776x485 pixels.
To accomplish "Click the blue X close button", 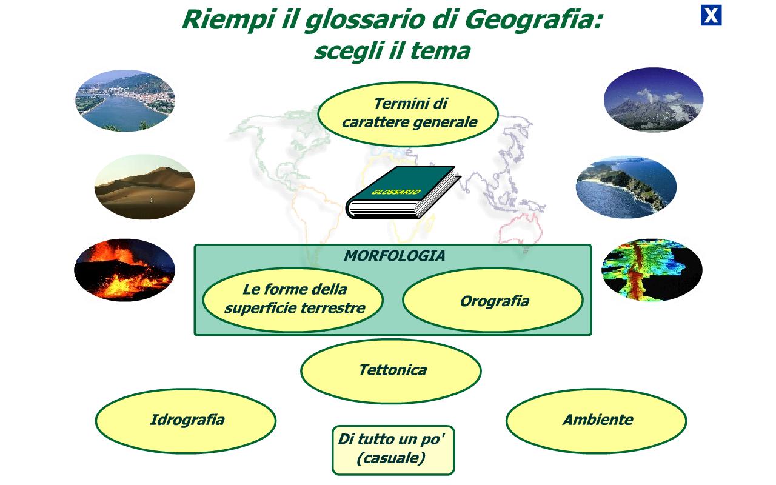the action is (x=711, y=15).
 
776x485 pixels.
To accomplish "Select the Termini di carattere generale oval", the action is (x=408, y=113).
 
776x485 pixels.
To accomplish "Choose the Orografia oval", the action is (x=493, y=300).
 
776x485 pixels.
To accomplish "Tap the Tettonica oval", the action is (x=391, y=370).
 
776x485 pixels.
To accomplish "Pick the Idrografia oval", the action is (x=186, y=421).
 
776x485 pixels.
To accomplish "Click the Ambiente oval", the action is (x=596, y=421).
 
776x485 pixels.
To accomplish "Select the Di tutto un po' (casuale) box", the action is (x=393, y=450).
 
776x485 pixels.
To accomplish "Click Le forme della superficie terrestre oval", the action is (x=293, y=300).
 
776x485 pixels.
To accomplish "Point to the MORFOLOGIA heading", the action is (x=394, y=256).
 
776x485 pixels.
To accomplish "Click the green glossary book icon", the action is (x=403, y=192).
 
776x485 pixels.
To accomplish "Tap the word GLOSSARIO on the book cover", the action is (x=396, y=192).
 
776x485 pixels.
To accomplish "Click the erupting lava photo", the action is (x=125, y=270).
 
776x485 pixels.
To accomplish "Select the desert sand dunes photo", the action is (x=145, y=187).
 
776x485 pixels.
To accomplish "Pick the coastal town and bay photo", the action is (x=125, y=101).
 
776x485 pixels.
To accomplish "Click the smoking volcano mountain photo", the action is (x=654, y=99).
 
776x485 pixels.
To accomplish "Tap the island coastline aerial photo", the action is (x=626, y=187).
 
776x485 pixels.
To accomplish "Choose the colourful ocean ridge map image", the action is (x=652, y=270).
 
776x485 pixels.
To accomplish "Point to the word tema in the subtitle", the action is (x=441, y=52).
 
